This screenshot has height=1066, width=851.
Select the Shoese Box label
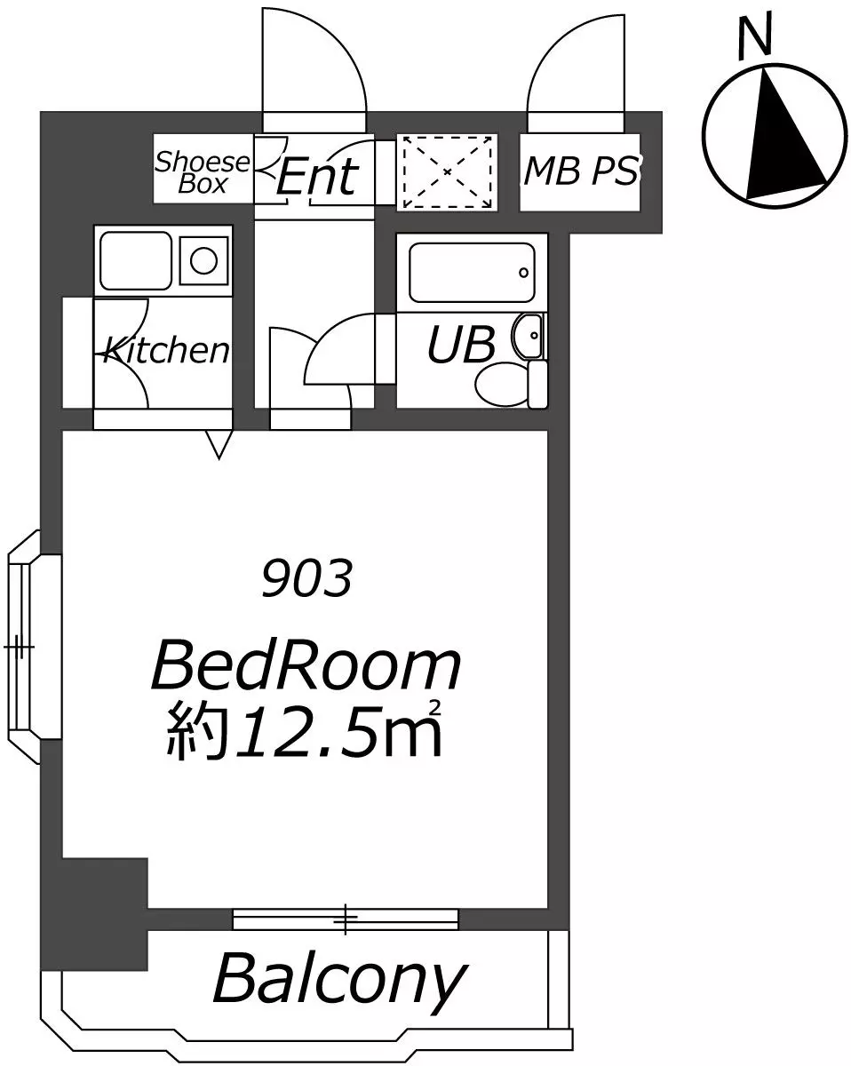coord(203,172)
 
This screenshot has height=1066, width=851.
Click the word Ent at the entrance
coord(317,176)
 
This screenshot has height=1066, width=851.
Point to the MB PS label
coord(581,171)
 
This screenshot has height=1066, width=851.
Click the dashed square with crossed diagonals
coord(448,171)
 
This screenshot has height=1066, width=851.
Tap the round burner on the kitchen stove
coord(204,260)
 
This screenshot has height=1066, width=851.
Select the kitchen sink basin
coord(136,260)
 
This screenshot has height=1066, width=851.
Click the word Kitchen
coord(166,351)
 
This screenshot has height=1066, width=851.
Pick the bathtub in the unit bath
coord(472,273)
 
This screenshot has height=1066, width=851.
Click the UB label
coord(461,345)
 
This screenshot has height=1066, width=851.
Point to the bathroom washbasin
coord(529,336)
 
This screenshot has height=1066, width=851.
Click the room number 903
coord(307,577)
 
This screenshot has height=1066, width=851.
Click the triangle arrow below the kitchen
coord(219,444)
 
